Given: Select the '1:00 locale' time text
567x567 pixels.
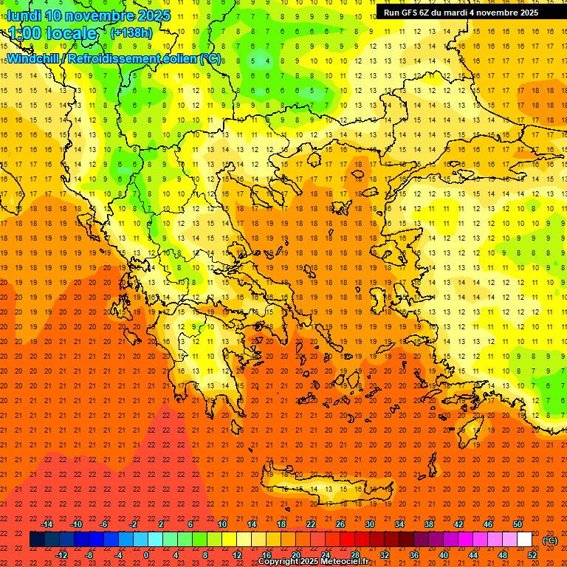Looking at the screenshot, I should (53, 33).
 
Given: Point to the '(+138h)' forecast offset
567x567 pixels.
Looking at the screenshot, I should (131, 33).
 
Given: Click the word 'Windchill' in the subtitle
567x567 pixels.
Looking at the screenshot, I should (35, 58).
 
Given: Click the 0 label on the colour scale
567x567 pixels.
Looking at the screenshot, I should (146, 555).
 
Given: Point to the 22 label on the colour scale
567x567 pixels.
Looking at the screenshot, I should (310, 524).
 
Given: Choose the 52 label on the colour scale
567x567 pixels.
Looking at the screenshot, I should (532, 555).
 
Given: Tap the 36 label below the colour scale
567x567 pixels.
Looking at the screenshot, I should (413, 555).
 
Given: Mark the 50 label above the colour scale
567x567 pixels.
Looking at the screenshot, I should (518, 524).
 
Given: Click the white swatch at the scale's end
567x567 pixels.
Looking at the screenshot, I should (524, 540).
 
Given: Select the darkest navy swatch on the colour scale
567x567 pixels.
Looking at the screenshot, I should (37, 540).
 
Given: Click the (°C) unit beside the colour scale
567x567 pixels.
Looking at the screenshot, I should (550, 540).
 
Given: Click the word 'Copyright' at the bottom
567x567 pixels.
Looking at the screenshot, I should (279, 562).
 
